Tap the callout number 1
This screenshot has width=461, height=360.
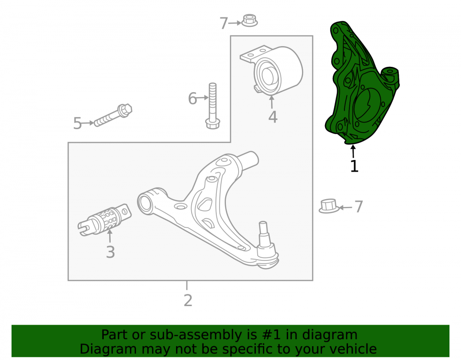point(354,166)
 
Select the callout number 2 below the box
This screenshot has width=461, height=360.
point(188,301)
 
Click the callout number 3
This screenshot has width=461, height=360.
point(110,252)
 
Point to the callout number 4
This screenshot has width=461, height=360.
point(273,117)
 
